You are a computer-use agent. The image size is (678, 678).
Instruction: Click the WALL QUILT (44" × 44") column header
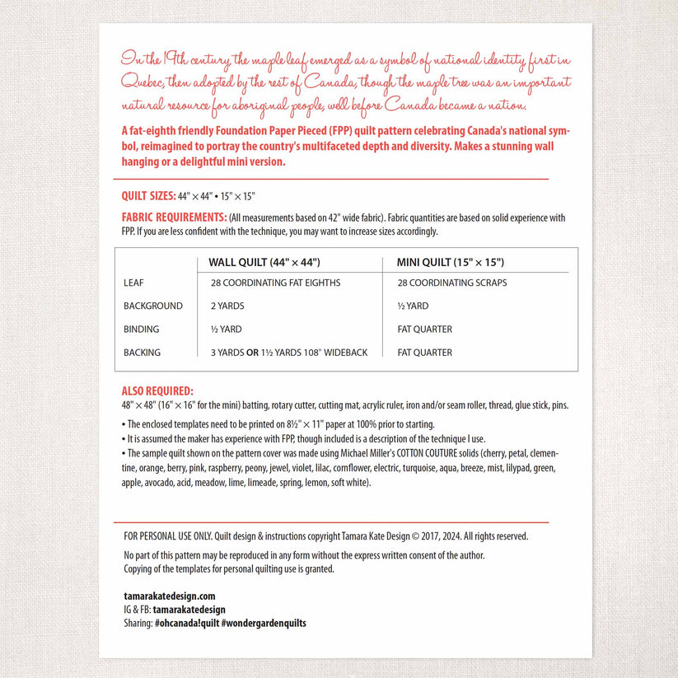tap(264, 262)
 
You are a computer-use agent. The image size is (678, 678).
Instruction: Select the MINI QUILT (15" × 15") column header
tap(450, 262)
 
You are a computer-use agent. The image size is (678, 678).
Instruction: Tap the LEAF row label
tap(133, 283)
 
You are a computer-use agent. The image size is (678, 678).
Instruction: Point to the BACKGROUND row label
tap(153, 306)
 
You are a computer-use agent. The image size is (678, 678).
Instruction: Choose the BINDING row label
tap(142, 329)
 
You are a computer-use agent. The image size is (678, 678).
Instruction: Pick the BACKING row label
tap(142, 352)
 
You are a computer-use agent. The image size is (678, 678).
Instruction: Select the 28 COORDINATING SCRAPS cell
tap(451, 283)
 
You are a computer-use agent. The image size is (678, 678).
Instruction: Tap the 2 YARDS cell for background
tap(227, 306)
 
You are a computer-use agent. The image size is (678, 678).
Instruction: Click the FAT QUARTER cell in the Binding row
tap(424, 329)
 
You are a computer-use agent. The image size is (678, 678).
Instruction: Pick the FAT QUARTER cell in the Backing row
tap(424, 352)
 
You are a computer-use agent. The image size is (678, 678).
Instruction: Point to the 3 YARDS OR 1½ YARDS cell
tap(288, 352)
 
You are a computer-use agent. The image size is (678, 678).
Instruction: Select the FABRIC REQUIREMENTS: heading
tap(174, 217)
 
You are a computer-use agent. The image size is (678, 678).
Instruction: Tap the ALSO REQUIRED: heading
tap(157, 391)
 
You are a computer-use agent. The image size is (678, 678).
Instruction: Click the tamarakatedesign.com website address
tap(169, 596)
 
